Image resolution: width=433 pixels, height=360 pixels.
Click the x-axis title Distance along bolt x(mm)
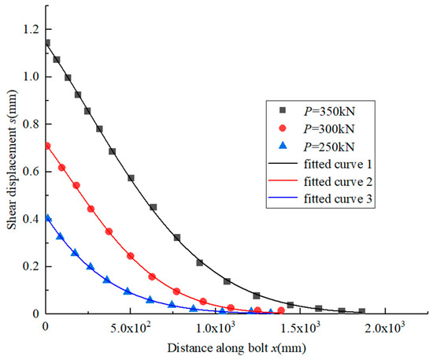235,347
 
